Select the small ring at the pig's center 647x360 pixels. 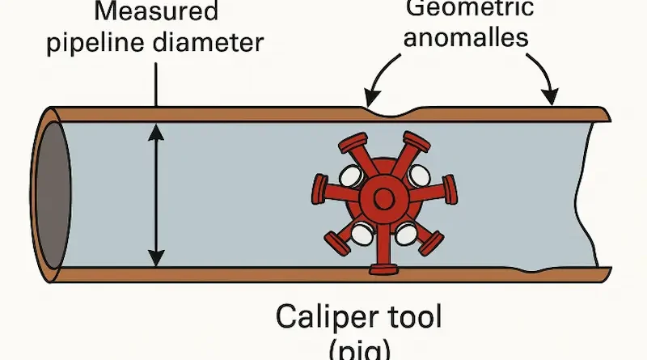[x=386, y=197]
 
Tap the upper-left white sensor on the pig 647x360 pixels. [x=349, y=175]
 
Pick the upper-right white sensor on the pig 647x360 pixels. [x=419, y=173]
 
